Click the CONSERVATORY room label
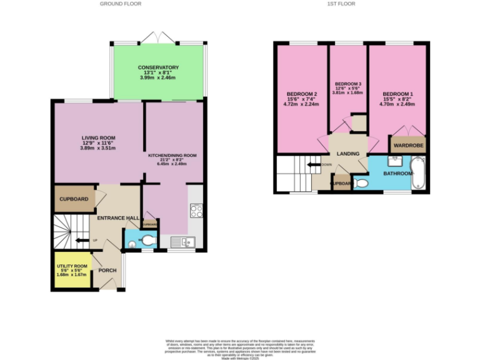tap(159, 67)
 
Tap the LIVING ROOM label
tap(99, 138)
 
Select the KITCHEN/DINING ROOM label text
tap(172, 155)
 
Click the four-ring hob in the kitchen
tap(196, 211)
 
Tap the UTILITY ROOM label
tap(71, 266)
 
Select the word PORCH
tap(107, 271)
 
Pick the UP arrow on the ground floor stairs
tap(80, 240)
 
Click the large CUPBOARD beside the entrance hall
tap(73, 199)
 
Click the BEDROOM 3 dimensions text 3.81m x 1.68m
tap(347, 93)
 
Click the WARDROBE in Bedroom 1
tap(408, 146)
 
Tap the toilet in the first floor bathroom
tap(360, 184)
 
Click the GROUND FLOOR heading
tap(121, 4)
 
